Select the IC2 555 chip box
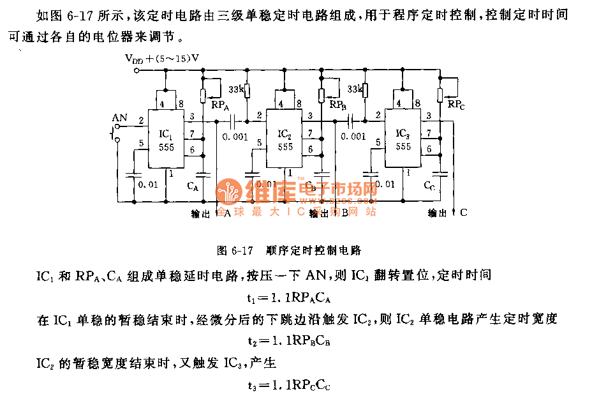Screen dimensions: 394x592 point(285,139)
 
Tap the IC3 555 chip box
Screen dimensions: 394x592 point(403,139)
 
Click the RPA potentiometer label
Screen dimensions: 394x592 point(221,105)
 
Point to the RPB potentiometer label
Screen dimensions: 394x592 point(338,104)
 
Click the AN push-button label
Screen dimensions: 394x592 point(119,117)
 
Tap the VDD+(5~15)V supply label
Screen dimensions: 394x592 point(163,58)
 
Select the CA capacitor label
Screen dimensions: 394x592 point(192,186)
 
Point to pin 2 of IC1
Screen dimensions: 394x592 point(141,119)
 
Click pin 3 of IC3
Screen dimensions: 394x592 point(429,116)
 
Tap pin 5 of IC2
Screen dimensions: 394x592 point(259,142)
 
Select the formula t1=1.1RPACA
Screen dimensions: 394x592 point(291,298)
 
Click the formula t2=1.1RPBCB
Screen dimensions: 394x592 point(291,341)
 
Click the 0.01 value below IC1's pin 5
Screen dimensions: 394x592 point(148,185)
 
